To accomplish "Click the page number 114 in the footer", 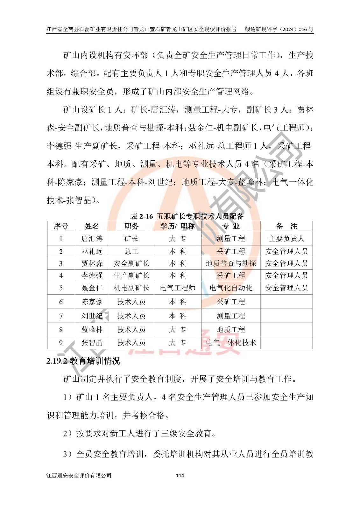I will pos(180,476).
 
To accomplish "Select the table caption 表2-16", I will pos(187,216).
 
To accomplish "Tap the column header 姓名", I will pos(92,226).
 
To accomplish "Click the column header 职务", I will pos(131,226).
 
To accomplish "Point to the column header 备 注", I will pos(286,226).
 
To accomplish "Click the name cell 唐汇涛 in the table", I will pos(92,239).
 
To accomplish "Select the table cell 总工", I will pos(131,251).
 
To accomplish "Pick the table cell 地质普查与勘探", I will pos(231,263).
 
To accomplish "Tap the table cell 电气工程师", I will pos(178,288).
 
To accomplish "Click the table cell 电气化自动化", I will pos(231,288).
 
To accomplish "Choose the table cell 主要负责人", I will pos(286,239).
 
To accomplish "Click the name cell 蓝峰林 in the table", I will pos(92,330).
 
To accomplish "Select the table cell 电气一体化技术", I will pos(231,343).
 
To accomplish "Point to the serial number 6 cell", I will pos(61,302).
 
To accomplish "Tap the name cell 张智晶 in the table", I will pos(92,343).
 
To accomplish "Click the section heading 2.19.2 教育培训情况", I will pos(83,361).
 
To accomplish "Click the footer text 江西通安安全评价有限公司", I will pos(79,476).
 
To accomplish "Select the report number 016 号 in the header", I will pos(306,29).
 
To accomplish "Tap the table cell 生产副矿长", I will pos(131,275).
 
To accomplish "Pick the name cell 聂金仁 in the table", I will pos(92,288).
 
